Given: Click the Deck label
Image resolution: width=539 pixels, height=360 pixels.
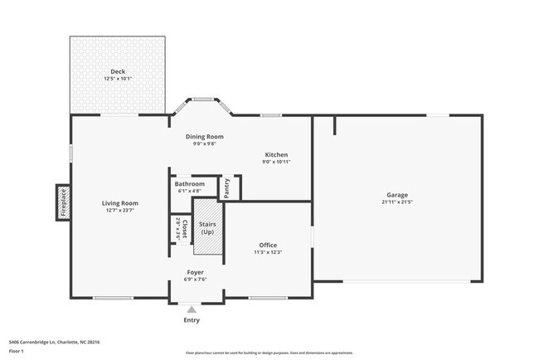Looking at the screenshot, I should [x=118, y=72].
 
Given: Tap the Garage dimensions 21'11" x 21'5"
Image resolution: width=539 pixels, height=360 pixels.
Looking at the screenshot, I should [x=396, y=202].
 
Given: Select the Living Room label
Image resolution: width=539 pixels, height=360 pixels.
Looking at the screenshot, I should [x=119, y=203].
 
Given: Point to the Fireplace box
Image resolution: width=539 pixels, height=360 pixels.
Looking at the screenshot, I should [x=63, y=202].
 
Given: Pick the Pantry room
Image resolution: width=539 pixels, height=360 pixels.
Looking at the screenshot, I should [x=229, y=188].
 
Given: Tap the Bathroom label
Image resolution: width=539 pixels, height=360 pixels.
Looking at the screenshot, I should [x=190, y=183].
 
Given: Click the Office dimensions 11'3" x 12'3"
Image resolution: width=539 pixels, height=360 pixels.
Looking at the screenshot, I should [x=267, y=252].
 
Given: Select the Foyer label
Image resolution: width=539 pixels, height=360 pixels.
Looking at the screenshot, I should [x=195, y=272].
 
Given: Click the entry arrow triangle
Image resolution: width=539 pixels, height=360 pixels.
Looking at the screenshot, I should [x=191, y=309].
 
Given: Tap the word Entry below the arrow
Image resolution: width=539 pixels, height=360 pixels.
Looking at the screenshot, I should [x=191, y=320].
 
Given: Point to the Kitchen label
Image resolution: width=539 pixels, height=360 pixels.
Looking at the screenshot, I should [x=276, y=155].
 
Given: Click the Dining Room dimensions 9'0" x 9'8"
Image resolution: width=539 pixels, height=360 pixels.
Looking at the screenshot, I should [x=204, y=144].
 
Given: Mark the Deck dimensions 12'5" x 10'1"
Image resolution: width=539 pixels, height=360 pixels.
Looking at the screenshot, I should [x=118, y=79].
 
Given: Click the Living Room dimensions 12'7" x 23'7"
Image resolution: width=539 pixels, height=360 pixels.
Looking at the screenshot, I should [x=119, y=211].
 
